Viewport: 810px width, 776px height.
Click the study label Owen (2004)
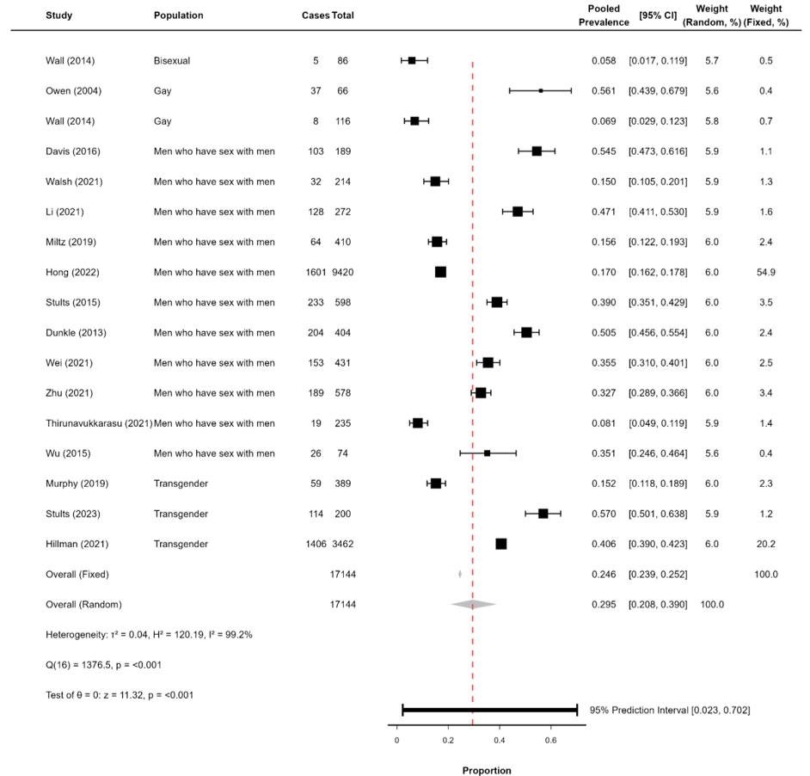coord(71,90)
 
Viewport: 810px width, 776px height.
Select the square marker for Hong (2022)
coord(440,272)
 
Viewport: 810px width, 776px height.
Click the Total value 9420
coord(343,272)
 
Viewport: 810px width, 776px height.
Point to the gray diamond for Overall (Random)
coord(473,604)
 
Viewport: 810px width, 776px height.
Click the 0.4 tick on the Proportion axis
coord(500,738)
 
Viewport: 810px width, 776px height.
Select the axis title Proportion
coord(486,770)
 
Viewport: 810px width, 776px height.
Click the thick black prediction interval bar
coord(489,710)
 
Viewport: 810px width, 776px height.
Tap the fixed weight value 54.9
coord(765,272)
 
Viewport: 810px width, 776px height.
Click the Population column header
coord(178,15)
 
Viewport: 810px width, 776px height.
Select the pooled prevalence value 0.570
coord(604,514)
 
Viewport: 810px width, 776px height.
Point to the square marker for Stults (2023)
coord(543,514)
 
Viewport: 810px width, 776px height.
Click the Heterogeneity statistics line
coord(148,634)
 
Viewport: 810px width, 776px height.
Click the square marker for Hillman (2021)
coord(501,544)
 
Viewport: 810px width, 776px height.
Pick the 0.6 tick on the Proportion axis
coord(551,738)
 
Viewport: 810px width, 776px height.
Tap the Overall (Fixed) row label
coord(77,574)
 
